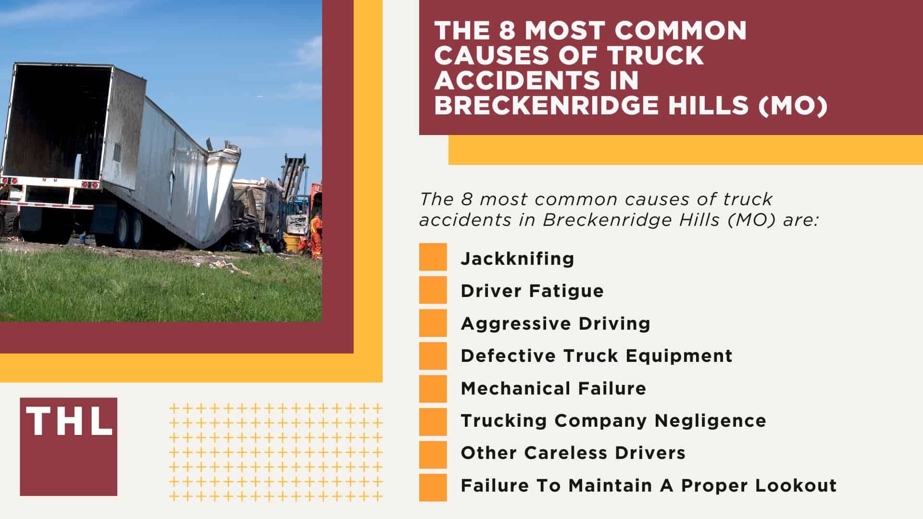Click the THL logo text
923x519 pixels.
[x=69, y=421]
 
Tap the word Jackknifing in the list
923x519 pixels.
[x=517, y=259]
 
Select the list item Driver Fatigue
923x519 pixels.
[x=532, y=291]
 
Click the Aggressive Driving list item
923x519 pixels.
[x=555, y=323]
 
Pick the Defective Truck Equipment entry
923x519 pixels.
[x=596, y=356]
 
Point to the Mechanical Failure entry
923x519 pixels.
[x=553, y=388]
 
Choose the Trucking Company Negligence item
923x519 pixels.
[x=613, y=421]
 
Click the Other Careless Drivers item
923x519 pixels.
[x=573, y=453]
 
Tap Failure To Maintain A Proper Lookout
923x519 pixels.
[x=649, y=486]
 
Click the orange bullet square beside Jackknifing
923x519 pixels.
[x=433, y=257]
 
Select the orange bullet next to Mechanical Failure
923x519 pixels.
[x=433, y=388]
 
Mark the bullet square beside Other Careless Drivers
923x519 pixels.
[x=433, y=454]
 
